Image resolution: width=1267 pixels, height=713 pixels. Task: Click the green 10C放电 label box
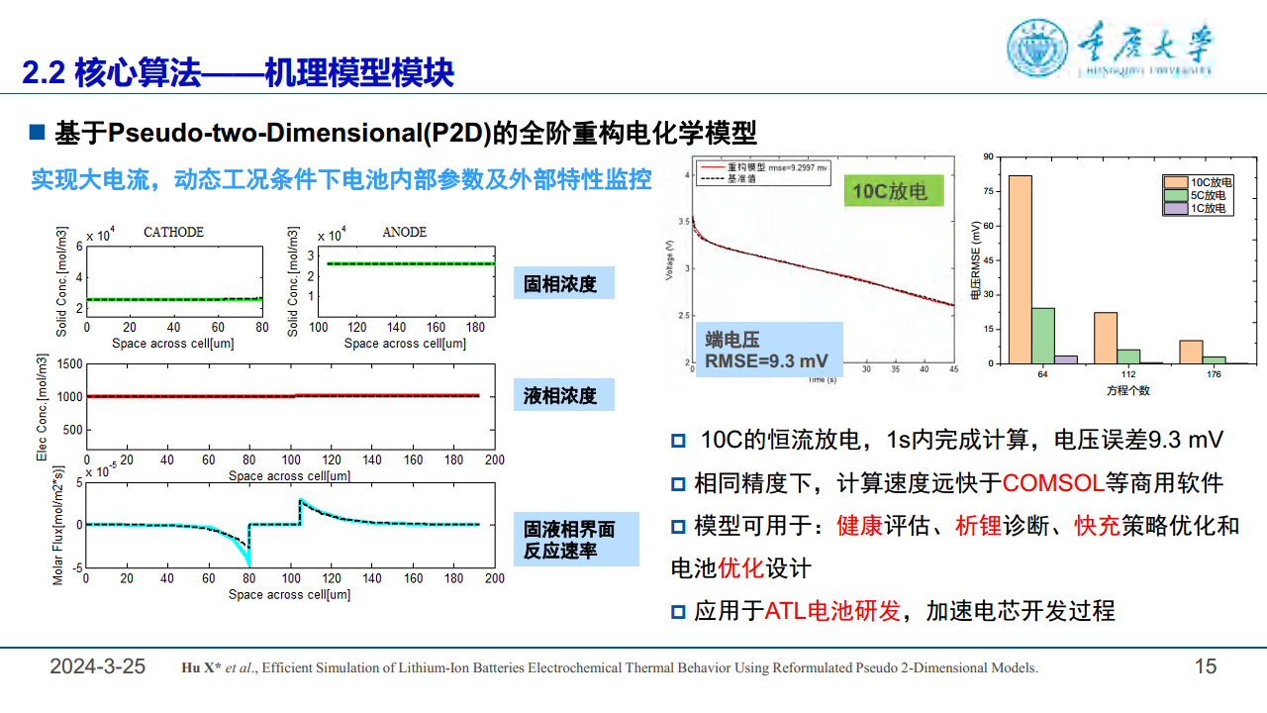894,190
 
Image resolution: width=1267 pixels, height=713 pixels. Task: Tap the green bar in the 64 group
1042,336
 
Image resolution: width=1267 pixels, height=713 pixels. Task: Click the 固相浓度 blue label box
563,284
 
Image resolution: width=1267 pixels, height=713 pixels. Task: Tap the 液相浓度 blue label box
563,396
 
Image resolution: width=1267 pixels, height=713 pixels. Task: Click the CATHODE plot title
173,232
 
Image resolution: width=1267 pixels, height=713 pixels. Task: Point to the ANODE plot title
404,232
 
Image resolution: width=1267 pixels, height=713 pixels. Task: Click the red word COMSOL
1052,483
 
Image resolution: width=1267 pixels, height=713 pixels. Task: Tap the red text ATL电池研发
832,611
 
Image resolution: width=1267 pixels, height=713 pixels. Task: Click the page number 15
1205,666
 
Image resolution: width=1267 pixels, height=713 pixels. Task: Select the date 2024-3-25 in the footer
98,666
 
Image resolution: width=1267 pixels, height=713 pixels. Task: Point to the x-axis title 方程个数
1127,390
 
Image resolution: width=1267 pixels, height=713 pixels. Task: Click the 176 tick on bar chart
1214,374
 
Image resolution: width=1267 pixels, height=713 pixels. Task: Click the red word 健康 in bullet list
859,526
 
